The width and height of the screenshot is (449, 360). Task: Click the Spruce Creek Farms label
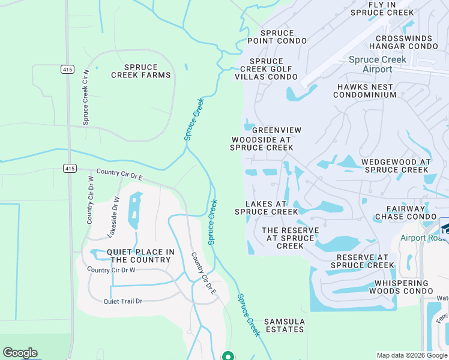pos(141,71)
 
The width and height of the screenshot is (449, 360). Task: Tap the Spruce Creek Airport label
pos(378,64)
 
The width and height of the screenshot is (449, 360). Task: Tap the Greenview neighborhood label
pos(276,130)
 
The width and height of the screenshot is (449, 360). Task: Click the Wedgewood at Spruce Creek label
pos(396,166)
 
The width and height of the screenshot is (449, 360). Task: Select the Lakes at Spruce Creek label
pos(267,208)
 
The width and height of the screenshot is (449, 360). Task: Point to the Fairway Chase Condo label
pos(406,212)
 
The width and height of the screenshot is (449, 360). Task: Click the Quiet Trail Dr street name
pos(122,301)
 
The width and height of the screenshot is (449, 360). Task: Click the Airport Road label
pos(423,238)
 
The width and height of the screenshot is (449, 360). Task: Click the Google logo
pos(20,353)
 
